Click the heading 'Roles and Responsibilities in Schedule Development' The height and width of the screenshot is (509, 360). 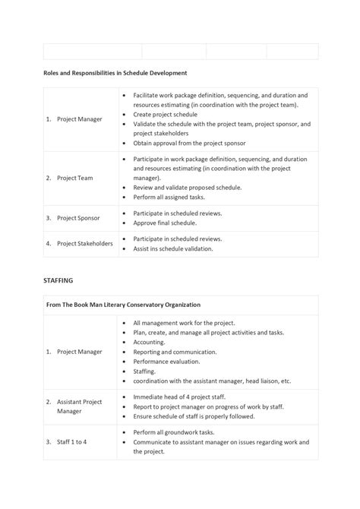click(115, 73)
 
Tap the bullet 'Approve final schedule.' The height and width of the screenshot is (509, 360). click(165, 223)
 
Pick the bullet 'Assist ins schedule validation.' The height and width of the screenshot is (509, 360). click(173, 248)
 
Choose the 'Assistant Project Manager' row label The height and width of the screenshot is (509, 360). click(77, 406)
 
